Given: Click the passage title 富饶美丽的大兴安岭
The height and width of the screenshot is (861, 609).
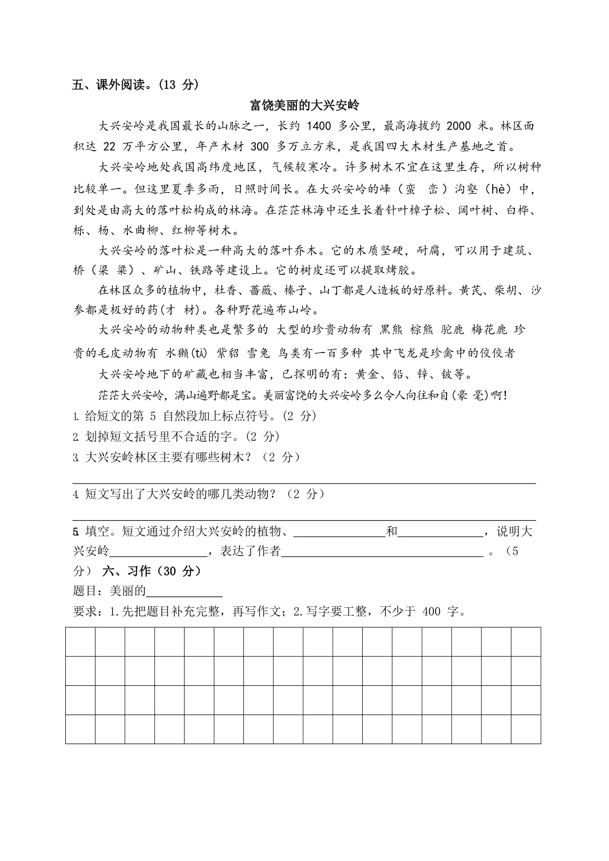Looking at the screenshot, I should (x=304, y=105).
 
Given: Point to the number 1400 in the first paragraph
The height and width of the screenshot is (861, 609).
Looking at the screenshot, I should (x=319, y=126).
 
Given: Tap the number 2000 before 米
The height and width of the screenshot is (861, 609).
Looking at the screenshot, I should (x=459, y=126).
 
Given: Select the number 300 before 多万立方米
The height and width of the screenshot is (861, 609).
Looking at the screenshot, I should (x=260, y=146).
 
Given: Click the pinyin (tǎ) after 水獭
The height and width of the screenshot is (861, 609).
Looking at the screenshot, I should (x=198, y=353).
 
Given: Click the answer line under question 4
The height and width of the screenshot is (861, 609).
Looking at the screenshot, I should (x=304, y=520).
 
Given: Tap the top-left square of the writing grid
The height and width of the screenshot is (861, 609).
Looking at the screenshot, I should (x=80, y=642).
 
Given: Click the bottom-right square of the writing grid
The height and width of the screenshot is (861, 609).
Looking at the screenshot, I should (x=526, y=729).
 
